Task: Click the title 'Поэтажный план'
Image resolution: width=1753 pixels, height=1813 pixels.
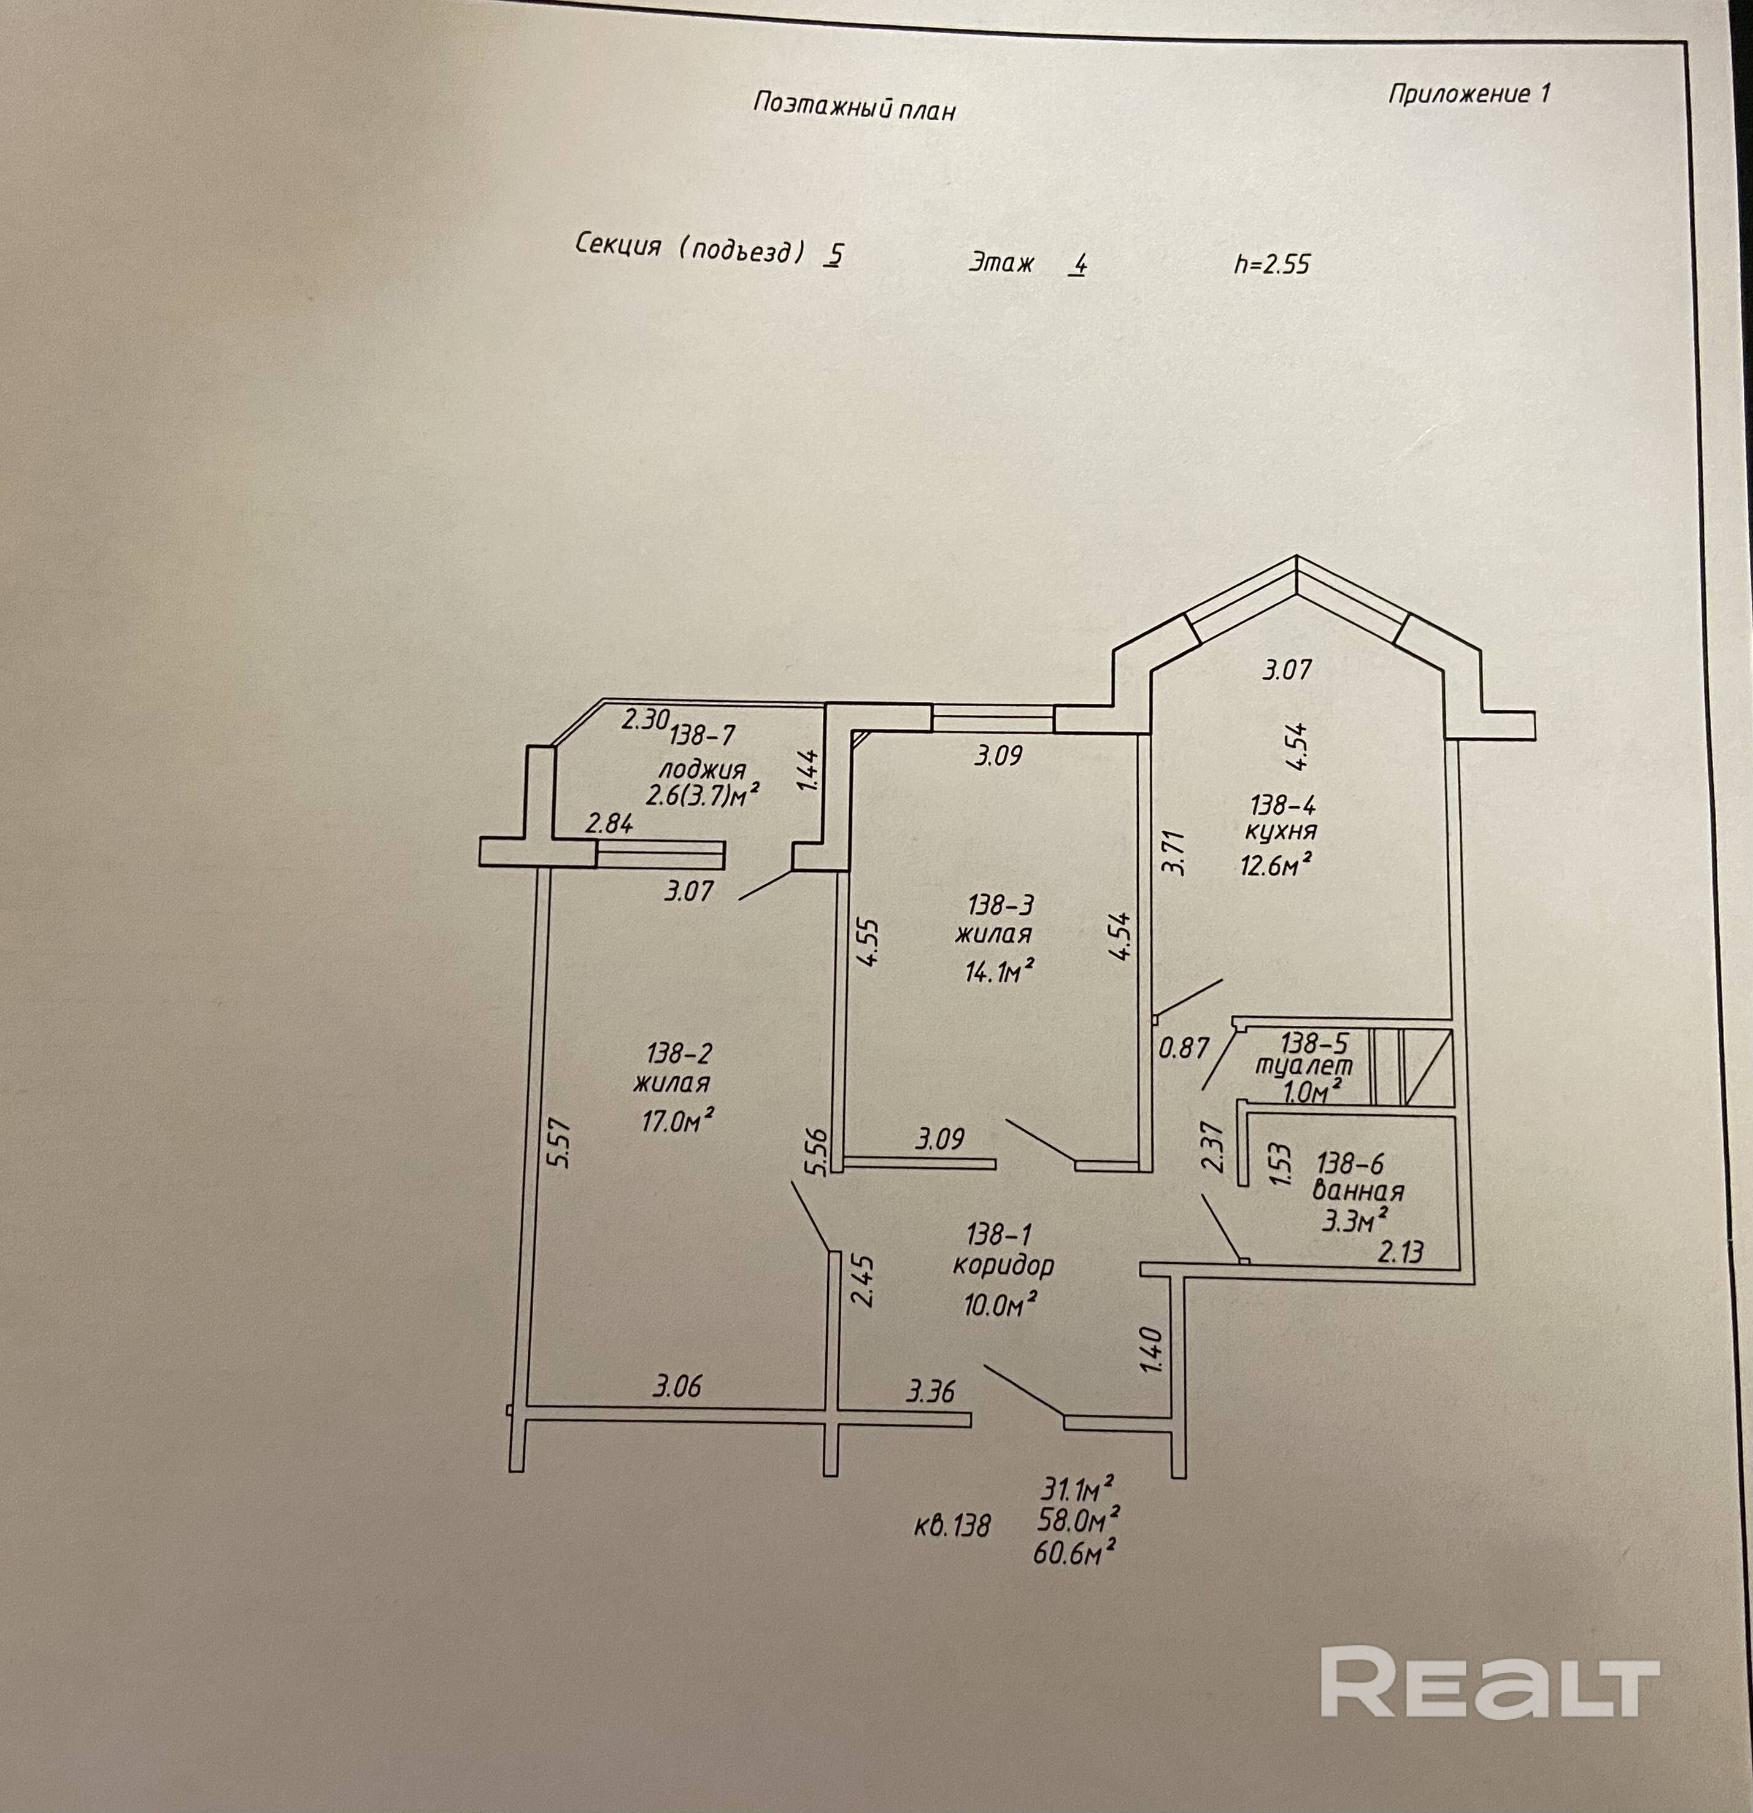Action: [854, 106]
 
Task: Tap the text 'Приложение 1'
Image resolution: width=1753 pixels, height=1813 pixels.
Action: [1469, 93]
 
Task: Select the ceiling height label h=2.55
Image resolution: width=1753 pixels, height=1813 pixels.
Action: [1272, 264]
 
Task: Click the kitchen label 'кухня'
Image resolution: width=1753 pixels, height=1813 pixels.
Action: [1281, 831]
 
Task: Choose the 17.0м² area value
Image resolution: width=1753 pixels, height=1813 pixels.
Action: [678, 1121]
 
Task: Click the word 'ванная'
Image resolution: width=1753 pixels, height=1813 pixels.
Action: [1358, 1192]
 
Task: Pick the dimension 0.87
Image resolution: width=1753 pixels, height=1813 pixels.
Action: [1184, 1048]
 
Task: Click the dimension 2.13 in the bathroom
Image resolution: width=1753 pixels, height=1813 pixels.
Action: [1401, 1252]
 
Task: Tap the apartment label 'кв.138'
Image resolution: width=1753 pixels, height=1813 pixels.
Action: [952, 1525]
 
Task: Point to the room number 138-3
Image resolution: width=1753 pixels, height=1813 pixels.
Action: [1000, 904]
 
